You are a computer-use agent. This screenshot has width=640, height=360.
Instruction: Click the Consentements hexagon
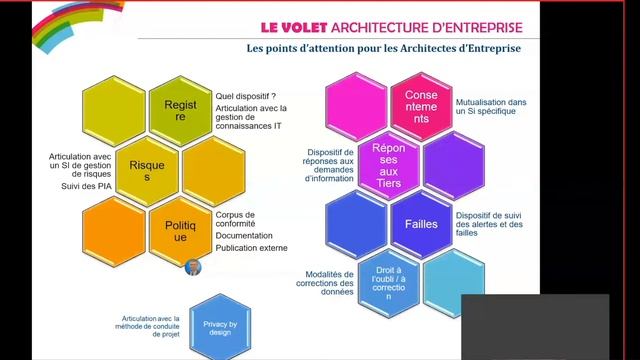[421, 106]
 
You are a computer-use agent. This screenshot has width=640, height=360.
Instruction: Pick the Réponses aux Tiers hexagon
[388, 167]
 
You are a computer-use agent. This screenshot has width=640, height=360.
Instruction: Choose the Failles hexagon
[421, 224]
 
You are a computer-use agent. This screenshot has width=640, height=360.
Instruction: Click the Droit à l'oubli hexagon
[388, 282]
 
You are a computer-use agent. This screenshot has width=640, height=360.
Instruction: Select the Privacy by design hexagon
[218, 325]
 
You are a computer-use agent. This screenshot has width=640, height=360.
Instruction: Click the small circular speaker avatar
[194, 268]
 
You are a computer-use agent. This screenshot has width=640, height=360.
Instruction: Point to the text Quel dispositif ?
[245, 97]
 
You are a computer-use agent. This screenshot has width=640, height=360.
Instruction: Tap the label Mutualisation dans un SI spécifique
[490, 107]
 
